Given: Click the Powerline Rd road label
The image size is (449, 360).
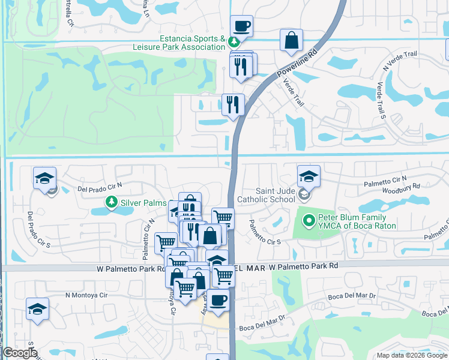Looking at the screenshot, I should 297,62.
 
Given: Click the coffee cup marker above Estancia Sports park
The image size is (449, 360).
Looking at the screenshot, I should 241,26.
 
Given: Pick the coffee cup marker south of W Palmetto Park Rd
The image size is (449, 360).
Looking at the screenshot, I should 218,300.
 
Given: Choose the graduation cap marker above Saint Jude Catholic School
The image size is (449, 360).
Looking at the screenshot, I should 309,176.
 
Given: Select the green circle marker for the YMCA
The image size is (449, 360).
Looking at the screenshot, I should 309,221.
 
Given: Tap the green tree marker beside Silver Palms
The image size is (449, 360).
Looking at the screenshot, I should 111,202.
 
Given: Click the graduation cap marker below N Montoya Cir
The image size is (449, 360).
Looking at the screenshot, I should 37,309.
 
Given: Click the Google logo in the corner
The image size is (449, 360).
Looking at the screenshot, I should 19,353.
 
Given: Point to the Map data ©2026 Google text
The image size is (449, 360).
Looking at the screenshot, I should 411,355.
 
